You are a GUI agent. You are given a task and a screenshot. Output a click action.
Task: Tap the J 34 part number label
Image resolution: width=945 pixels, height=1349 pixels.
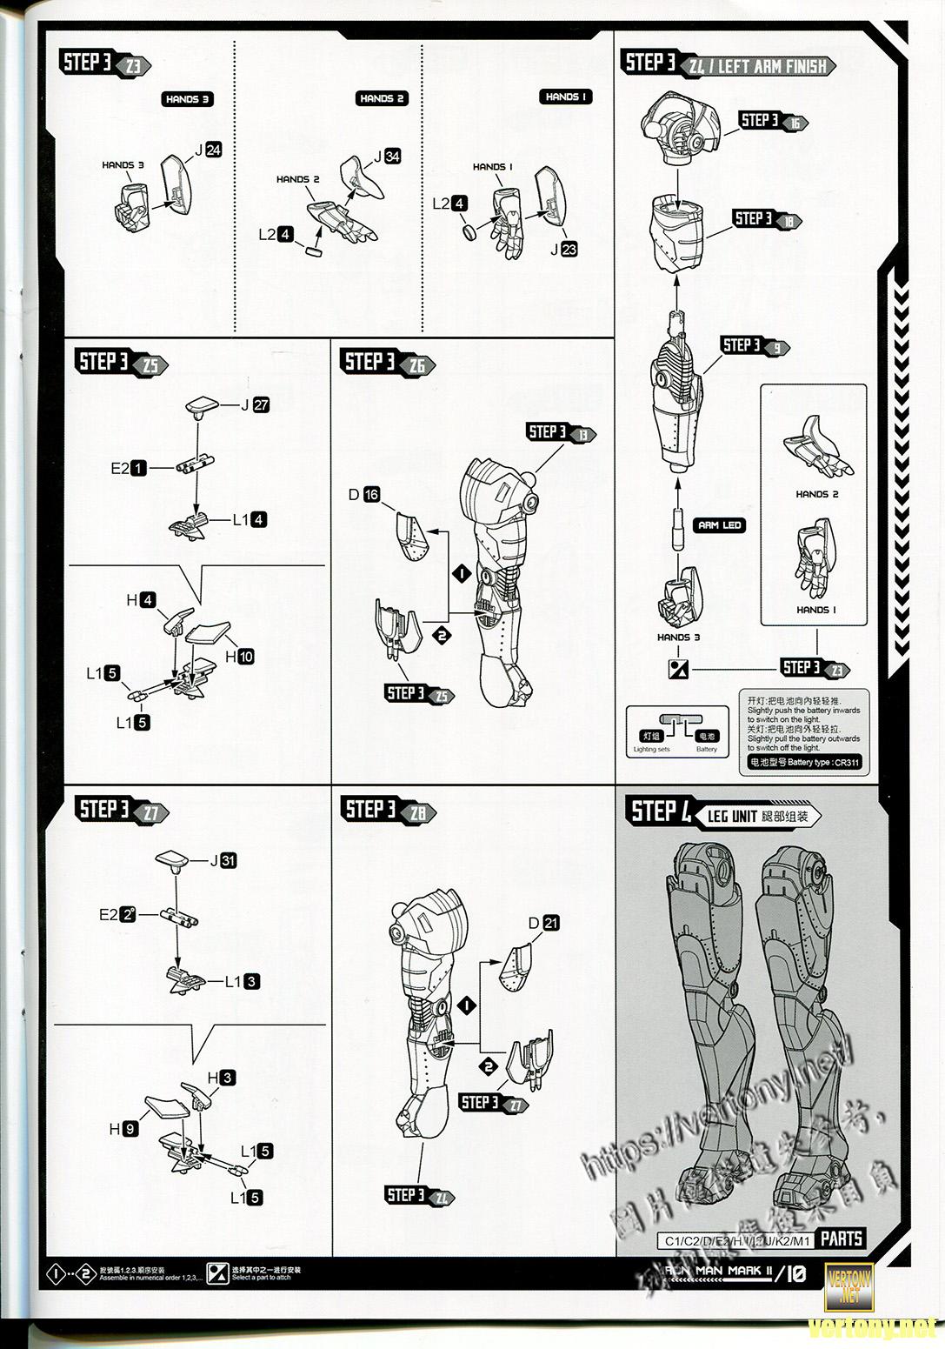[x=387, y=157]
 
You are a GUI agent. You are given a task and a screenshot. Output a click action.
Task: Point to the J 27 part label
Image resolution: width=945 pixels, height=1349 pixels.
[x=256, y=404]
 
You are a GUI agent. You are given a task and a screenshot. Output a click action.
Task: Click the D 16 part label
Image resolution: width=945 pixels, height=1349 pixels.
[x=364, y=495]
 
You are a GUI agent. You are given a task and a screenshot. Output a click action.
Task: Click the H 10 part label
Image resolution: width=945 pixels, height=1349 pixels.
[x=240, y=657]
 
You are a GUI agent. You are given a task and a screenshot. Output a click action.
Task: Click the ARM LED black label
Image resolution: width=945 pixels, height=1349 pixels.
[x=720, y=525]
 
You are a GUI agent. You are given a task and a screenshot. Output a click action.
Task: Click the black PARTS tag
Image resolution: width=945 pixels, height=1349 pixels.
[x=842, y=1239]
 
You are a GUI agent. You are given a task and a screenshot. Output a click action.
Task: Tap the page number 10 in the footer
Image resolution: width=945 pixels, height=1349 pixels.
[x=796, y=1274]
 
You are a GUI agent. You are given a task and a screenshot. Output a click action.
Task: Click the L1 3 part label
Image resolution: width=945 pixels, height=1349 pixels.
[x=243, y=981]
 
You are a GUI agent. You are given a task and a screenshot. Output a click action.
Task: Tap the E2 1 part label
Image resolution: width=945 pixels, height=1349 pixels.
[x=128, y=468]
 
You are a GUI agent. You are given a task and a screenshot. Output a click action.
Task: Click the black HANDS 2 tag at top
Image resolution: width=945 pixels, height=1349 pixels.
[x=383, y=99]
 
